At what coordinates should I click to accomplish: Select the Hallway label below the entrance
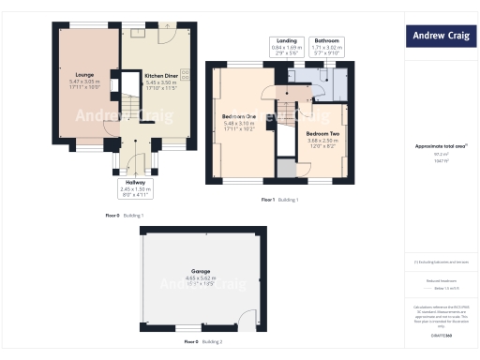tap(135, 182)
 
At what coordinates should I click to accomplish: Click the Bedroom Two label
tap(323, 133)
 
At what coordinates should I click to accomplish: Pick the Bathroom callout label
tap(327, 40)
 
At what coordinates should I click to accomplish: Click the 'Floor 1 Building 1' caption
tap(279, 200)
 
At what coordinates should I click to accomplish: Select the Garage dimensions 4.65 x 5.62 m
tap(196, 278)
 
